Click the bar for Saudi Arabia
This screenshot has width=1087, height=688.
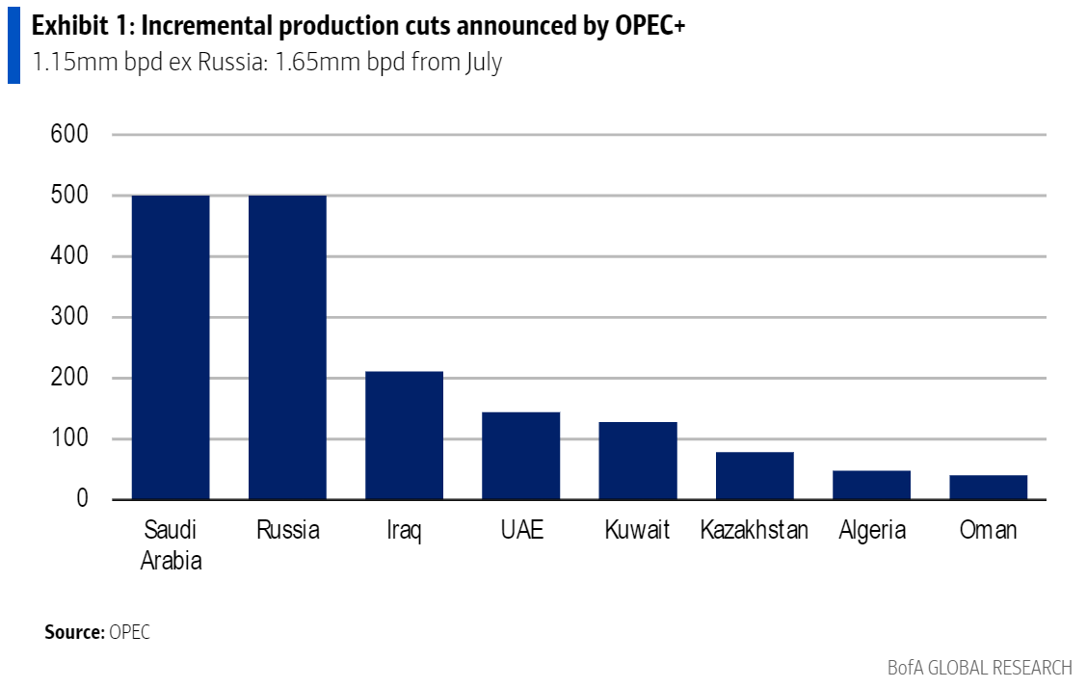[x=171, y=347]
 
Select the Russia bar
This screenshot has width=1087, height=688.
[x=287, y=347]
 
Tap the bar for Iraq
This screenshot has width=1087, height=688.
[x=404, y=436]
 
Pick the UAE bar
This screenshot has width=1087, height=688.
[x=520, y=456]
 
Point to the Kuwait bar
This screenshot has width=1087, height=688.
[x=637, y=461]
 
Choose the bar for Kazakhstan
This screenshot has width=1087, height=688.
[x=755, y=475]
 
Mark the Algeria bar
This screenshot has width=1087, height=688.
[x=872, y=485]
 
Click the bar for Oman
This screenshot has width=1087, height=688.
[x=988, y=487]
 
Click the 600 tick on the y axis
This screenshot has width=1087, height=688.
[x=68, y=135]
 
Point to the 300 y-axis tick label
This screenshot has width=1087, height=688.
[x=68, y=317]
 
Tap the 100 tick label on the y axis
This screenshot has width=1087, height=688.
[x=68, y=438]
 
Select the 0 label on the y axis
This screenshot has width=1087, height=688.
[x=83, y=499]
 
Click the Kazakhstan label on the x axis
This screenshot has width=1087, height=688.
[x=755, y=530]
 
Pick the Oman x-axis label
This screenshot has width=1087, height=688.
[x=988, y=530]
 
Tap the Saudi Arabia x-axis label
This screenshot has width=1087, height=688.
[x=171, y=544]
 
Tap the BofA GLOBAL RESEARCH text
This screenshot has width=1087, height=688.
[x=979, y=668]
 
